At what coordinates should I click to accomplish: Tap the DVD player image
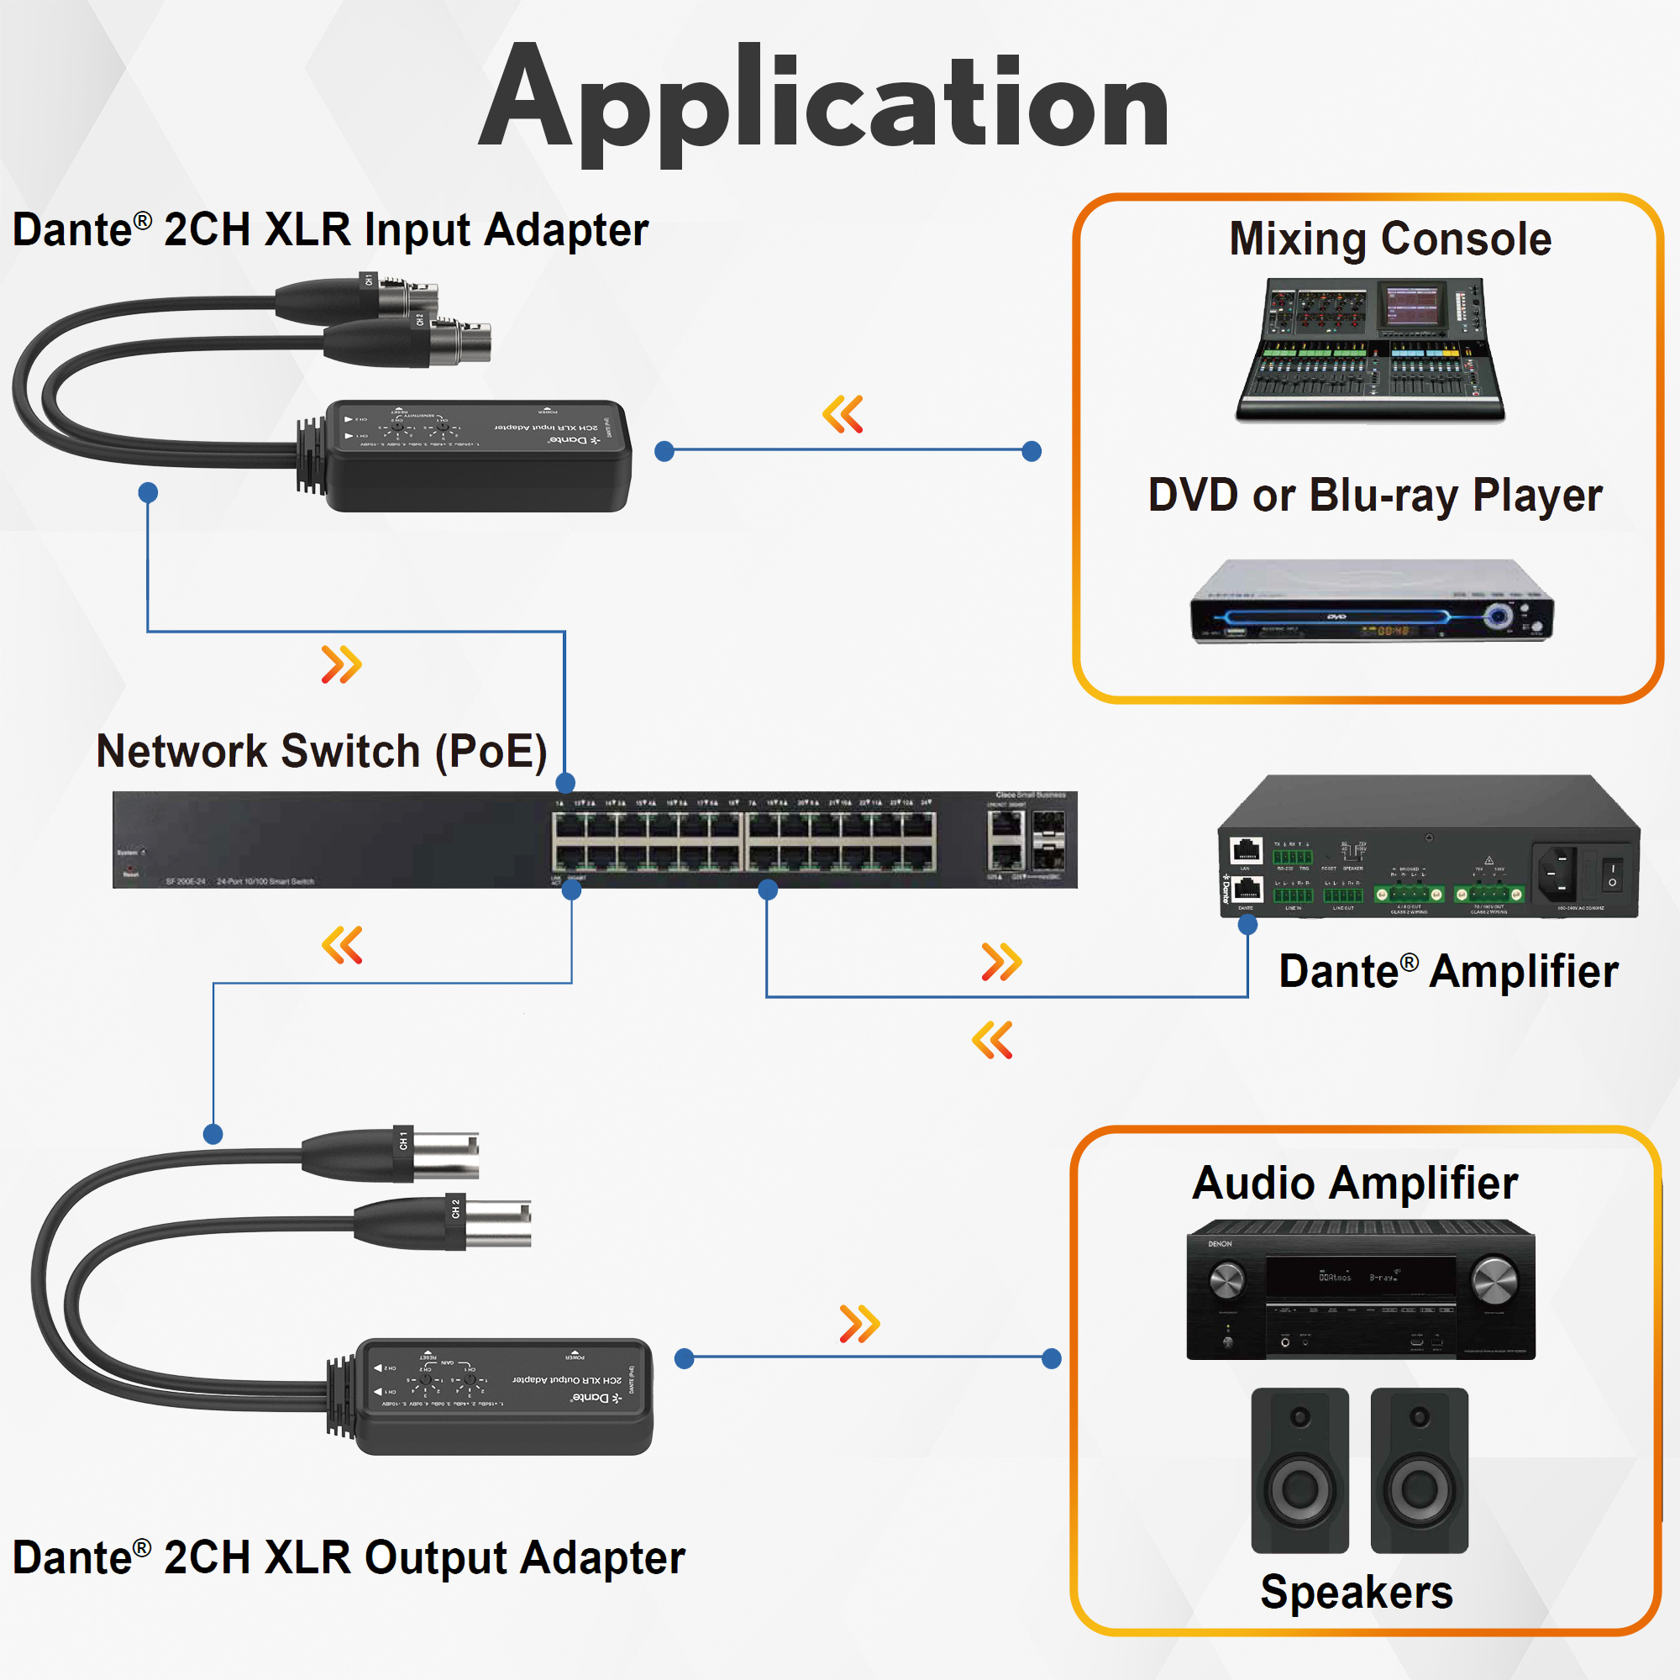pyautogui.click(x=1372, y=601)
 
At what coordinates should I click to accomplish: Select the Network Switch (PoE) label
pyautogui.click(x=322, y=751)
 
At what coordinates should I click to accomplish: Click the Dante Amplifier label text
pyautogui.click(x=1448, y=971)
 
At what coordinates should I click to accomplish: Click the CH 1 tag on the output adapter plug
pyautogui.click(x=403, y=1140)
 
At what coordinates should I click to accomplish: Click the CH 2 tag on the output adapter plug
pyautogui.click(x=455, y=1209)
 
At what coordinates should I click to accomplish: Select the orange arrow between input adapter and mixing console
pyautogui.click(x=843, y=414)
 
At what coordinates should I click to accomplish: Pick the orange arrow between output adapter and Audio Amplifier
pyautogui.click(x=859, y=1324)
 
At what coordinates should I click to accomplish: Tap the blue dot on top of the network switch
pyautogui.click(x=565, y=782)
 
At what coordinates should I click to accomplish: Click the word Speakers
pyautogui.click(x=1357, y=1592)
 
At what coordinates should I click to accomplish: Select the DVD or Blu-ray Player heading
pyautogui.click(x=1375, y=496)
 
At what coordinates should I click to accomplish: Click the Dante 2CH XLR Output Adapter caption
pyautogui.click(x=349, y=1557)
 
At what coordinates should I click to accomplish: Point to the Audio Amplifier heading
pyautogui.click(x=1355, y=1184)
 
